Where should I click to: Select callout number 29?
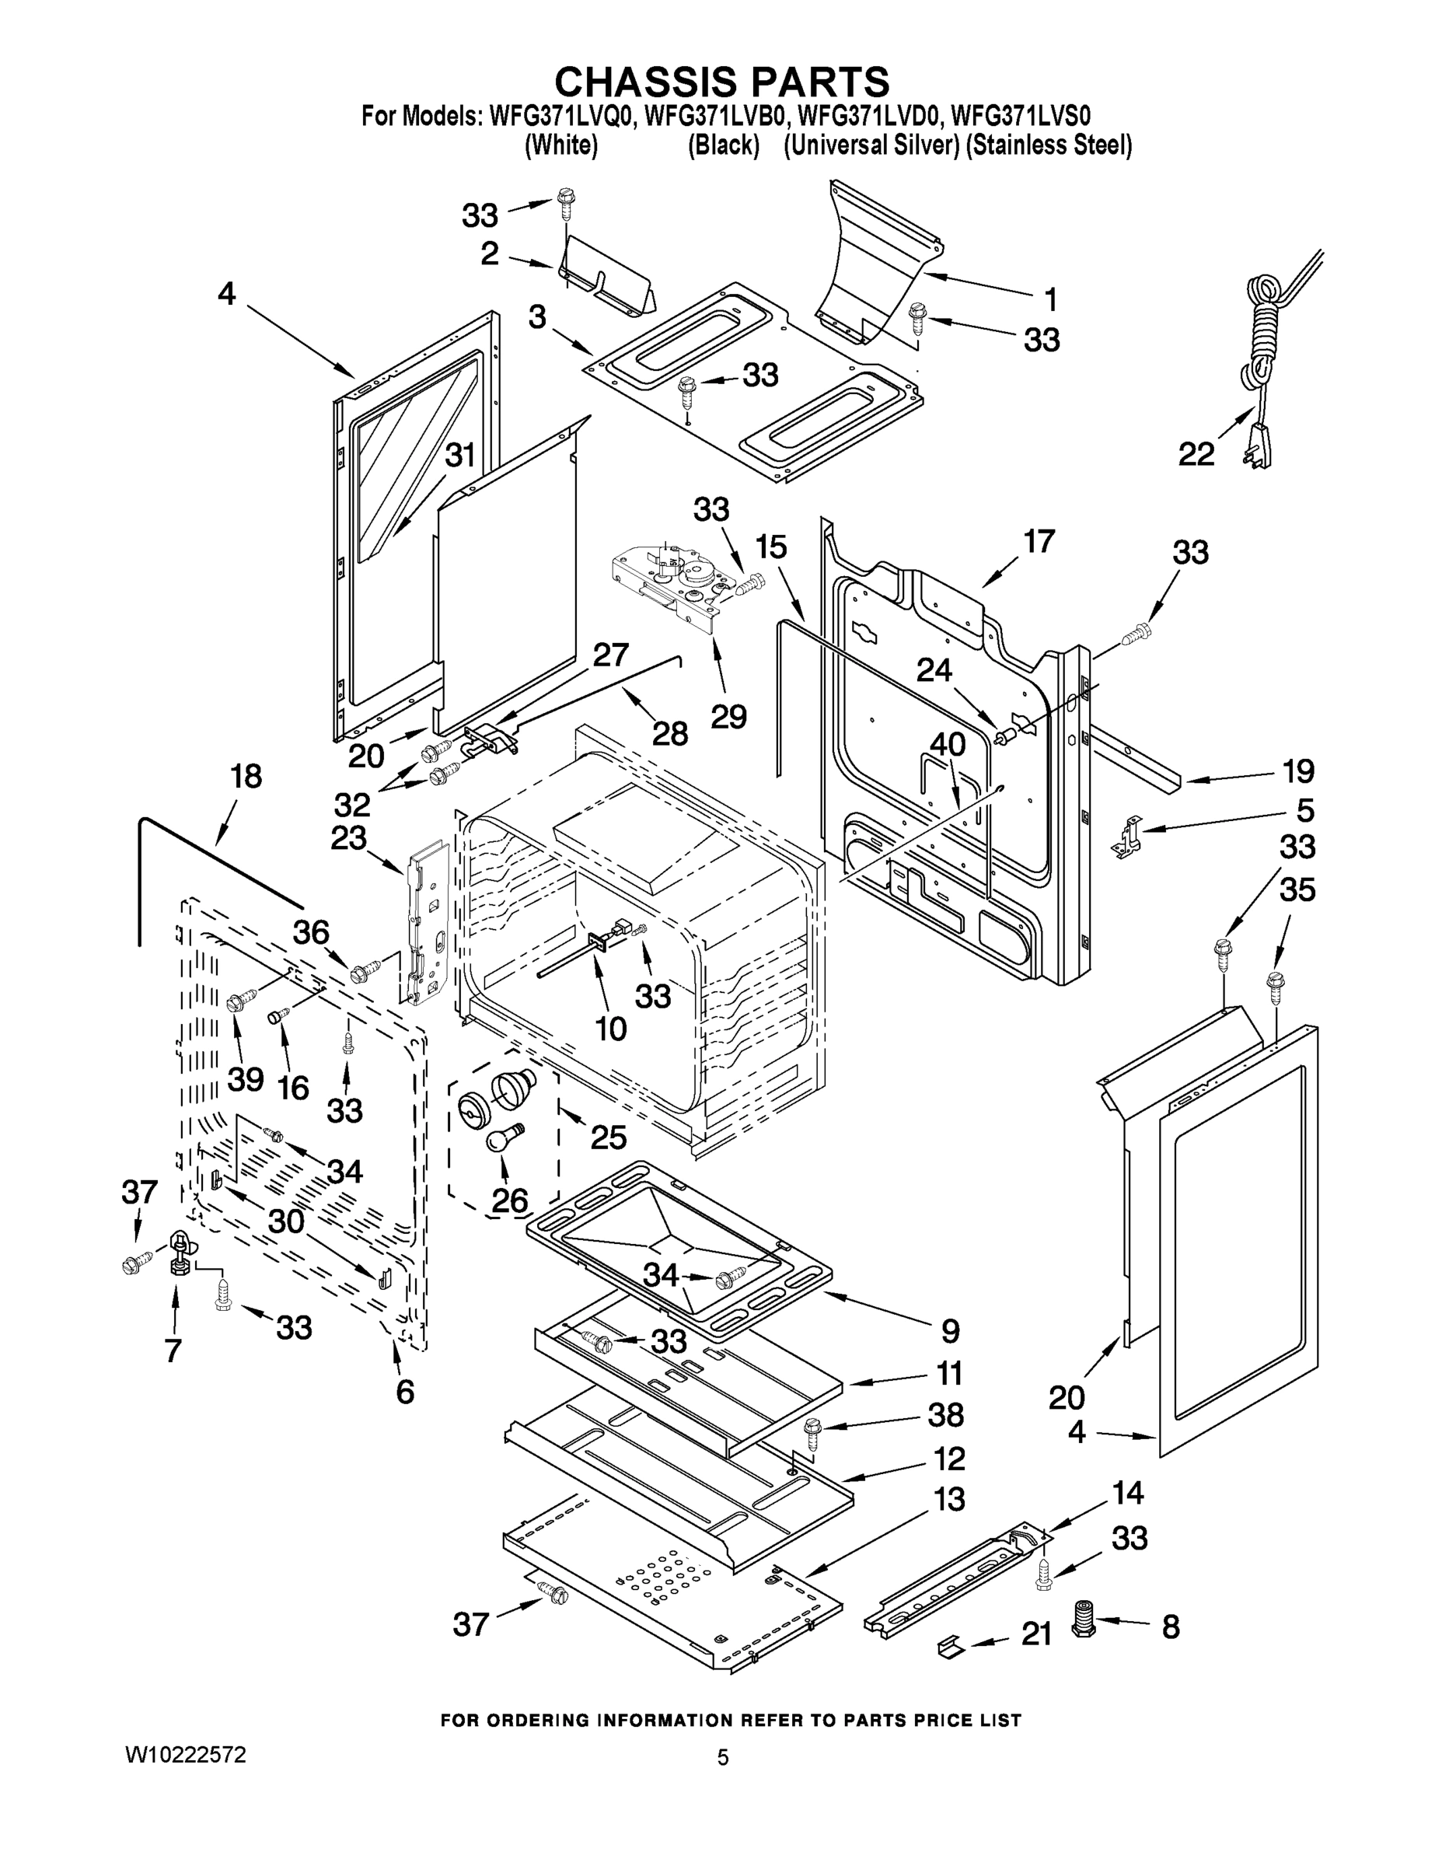tap(728, 716)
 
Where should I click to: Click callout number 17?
tap(1039, 541)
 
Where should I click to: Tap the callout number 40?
tap(947, 743)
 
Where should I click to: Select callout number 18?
tap(246, 777)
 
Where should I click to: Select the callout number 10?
tap(611, 1028)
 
